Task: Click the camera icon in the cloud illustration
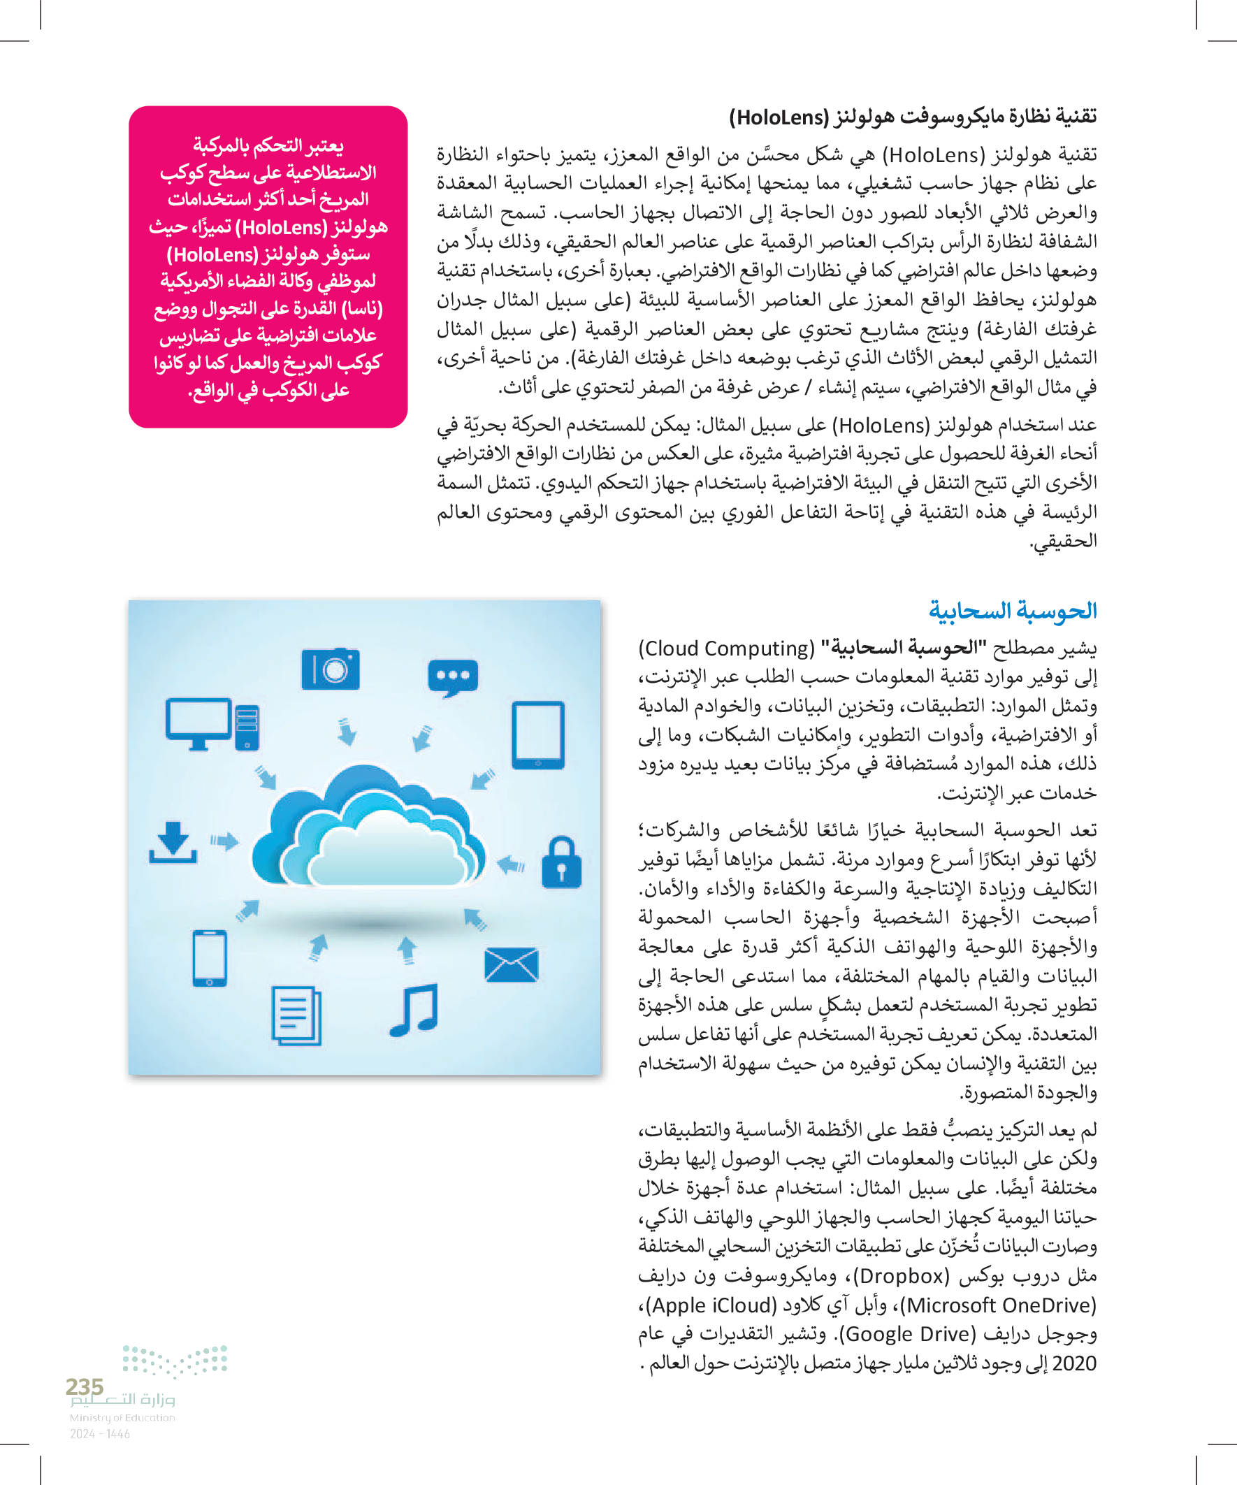[331, 668]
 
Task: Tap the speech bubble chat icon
[453, 677]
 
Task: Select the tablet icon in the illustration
[538, 734]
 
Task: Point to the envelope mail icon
[512, 965]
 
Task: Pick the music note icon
[414, 1010]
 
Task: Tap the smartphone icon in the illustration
[210, 958]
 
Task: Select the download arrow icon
[173, 843]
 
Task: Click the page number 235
[84, 1386]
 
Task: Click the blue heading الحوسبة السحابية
[1012, 609]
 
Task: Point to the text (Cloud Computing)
[726, 649]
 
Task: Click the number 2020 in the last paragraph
[1074, 1363]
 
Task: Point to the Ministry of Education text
[122, 1417]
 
